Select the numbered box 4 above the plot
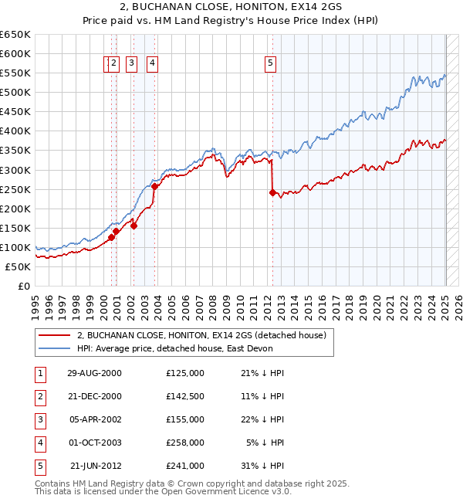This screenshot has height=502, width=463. coord(153,64)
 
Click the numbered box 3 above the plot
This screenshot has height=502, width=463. coord(132,64)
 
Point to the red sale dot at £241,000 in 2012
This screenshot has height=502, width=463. coord(272,193)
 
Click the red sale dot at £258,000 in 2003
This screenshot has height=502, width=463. coord(154,186)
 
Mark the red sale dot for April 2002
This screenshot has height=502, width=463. coord(133,226)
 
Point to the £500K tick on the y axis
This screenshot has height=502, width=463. coord(15,93)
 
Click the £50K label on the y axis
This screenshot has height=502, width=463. coord(18,266)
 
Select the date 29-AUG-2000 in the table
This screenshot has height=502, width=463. coord(94,373)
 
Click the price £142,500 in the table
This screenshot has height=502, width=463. coord(184,396)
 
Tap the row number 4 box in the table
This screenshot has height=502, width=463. coord(39,443)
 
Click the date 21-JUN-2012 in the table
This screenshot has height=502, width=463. coord(94,466)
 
